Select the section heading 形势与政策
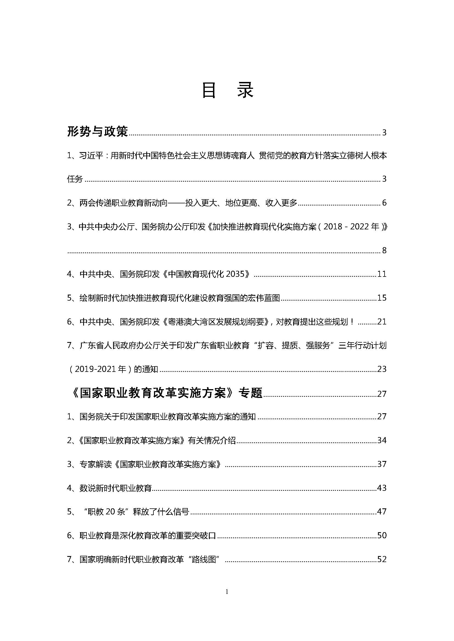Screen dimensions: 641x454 (97, 132)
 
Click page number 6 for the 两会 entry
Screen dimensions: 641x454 (384, 203)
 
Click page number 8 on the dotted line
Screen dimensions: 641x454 (384, 250)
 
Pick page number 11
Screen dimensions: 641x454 (382, 274)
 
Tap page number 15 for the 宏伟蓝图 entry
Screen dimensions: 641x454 (382, 298)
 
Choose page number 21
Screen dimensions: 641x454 (382, 322)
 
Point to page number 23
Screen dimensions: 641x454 (382, 369)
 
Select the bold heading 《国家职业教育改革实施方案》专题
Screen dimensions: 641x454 (165, 393)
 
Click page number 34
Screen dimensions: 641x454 (382, 441)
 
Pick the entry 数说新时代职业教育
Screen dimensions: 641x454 (116, 488)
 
